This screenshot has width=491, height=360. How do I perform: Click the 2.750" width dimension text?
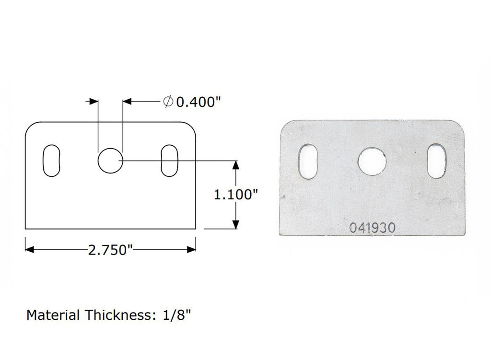pyautogui.click(x=110, y=250)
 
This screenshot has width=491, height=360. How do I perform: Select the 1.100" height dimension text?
pyautogui.click(x=236, y=195)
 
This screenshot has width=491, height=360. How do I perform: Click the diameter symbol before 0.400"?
pyautogui.click(x=168, y=102)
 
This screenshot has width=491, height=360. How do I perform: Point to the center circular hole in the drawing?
pyautogui.click(x=110, y=161)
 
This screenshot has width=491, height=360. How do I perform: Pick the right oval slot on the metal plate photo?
pyautogui.click(x=437, y=161)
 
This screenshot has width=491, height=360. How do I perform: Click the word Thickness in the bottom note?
pyautogui.click(x=118, y=315)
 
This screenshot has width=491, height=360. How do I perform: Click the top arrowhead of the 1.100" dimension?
pyautogui.click(x=235, y=164)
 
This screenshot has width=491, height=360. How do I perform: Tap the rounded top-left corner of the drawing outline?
pyautogui.click(x=30, y=127)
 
